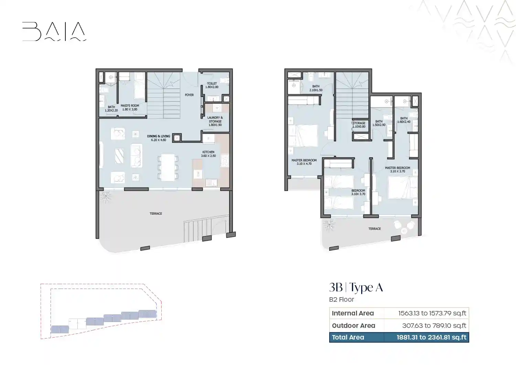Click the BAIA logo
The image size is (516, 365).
click(x=54, y=32)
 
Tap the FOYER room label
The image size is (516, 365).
click(x=189, y=95)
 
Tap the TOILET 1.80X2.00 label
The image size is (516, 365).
click(x=212, y=85)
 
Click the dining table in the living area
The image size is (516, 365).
click(x=168, y=167)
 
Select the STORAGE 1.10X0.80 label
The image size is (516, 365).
click(x=359, y=125)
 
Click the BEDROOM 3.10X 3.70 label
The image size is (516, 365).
click(x=358, y=192)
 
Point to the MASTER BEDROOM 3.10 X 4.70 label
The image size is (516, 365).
click(x=304, y=162)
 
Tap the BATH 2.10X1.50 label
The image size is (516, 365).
click(x=316, y=88)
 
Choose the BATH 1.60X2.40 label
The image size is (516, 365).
click(x=404, y=120)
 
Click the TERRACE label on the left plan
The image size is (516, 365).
click(x=156, y=214)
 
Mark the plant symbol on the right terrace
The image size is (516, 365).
click(x=329, y=225)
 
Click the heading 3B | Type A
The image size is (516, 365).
click(x=356, y=287)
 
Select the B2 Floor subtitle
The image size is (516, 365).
click(x=341, y=300)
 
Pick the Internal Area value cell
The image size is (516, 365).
click(x=427, y=313)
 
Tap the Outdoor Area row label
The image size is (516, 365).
click(x=354, y=325)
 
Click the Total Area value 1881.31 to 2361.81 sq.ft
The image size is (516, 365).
click(x=431, y=337)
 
